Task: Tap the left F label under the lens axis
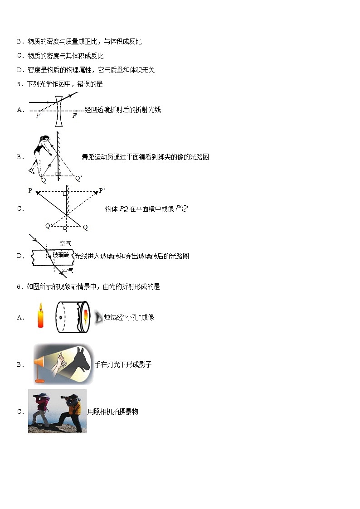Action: point(38,116)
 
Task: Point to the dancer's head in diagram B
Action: point(46,137)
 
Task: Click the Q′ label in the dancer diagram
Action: point(78,179)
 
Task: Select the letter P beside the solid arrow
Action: point(30,191)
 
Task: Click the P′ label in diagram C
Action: point(102,190)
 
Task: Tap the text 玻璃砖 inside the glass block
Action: point(61,255)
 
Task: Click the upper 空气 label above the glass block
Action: point(66,243)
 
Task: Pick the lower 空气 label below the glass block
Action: point(68,271)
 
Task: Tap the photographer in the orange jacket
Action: point(74,411)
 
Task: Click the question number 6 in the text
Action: point(19,286)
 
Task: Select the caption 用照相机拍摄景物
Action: point(113,412)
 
